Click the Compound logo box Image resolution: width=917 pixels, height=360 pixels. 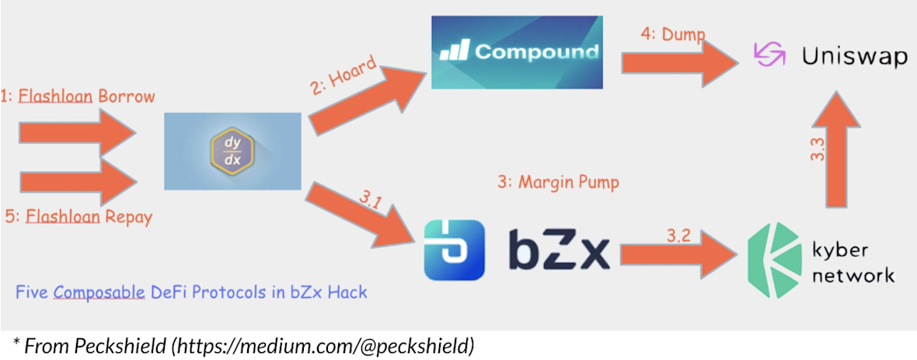coord(517,52)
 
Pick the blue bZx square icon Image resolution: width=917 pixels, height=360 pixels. coord(455,250)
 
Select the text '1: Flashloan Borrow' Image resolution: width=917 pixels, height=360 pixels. coord(77,95)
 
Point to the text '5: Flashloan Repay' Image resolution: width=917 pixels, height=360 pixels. coord(78,217)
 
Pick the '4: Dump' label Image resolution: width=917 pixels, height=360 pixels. coord(672,33)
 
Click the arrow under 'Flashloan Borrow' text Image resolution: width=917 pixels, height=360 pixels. coord(78,133)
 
